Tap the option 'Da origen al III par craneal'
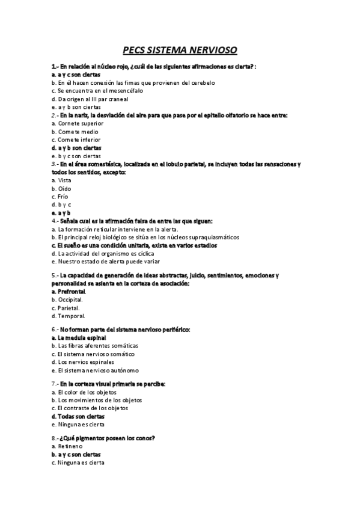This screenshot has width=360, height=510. [x=90, y=99]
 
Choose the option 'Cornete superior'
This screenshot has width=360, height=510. [x=78, y=123]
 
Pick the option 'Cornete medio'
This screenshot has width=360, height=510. [x=75, y=132]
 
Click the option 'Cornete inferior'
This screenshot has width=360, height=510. [x=76, y=140]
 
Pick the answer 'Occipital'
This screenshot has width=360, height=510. [x=70, y=299]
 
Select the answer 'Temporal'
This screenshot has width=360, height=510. [x=71, y=315]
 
